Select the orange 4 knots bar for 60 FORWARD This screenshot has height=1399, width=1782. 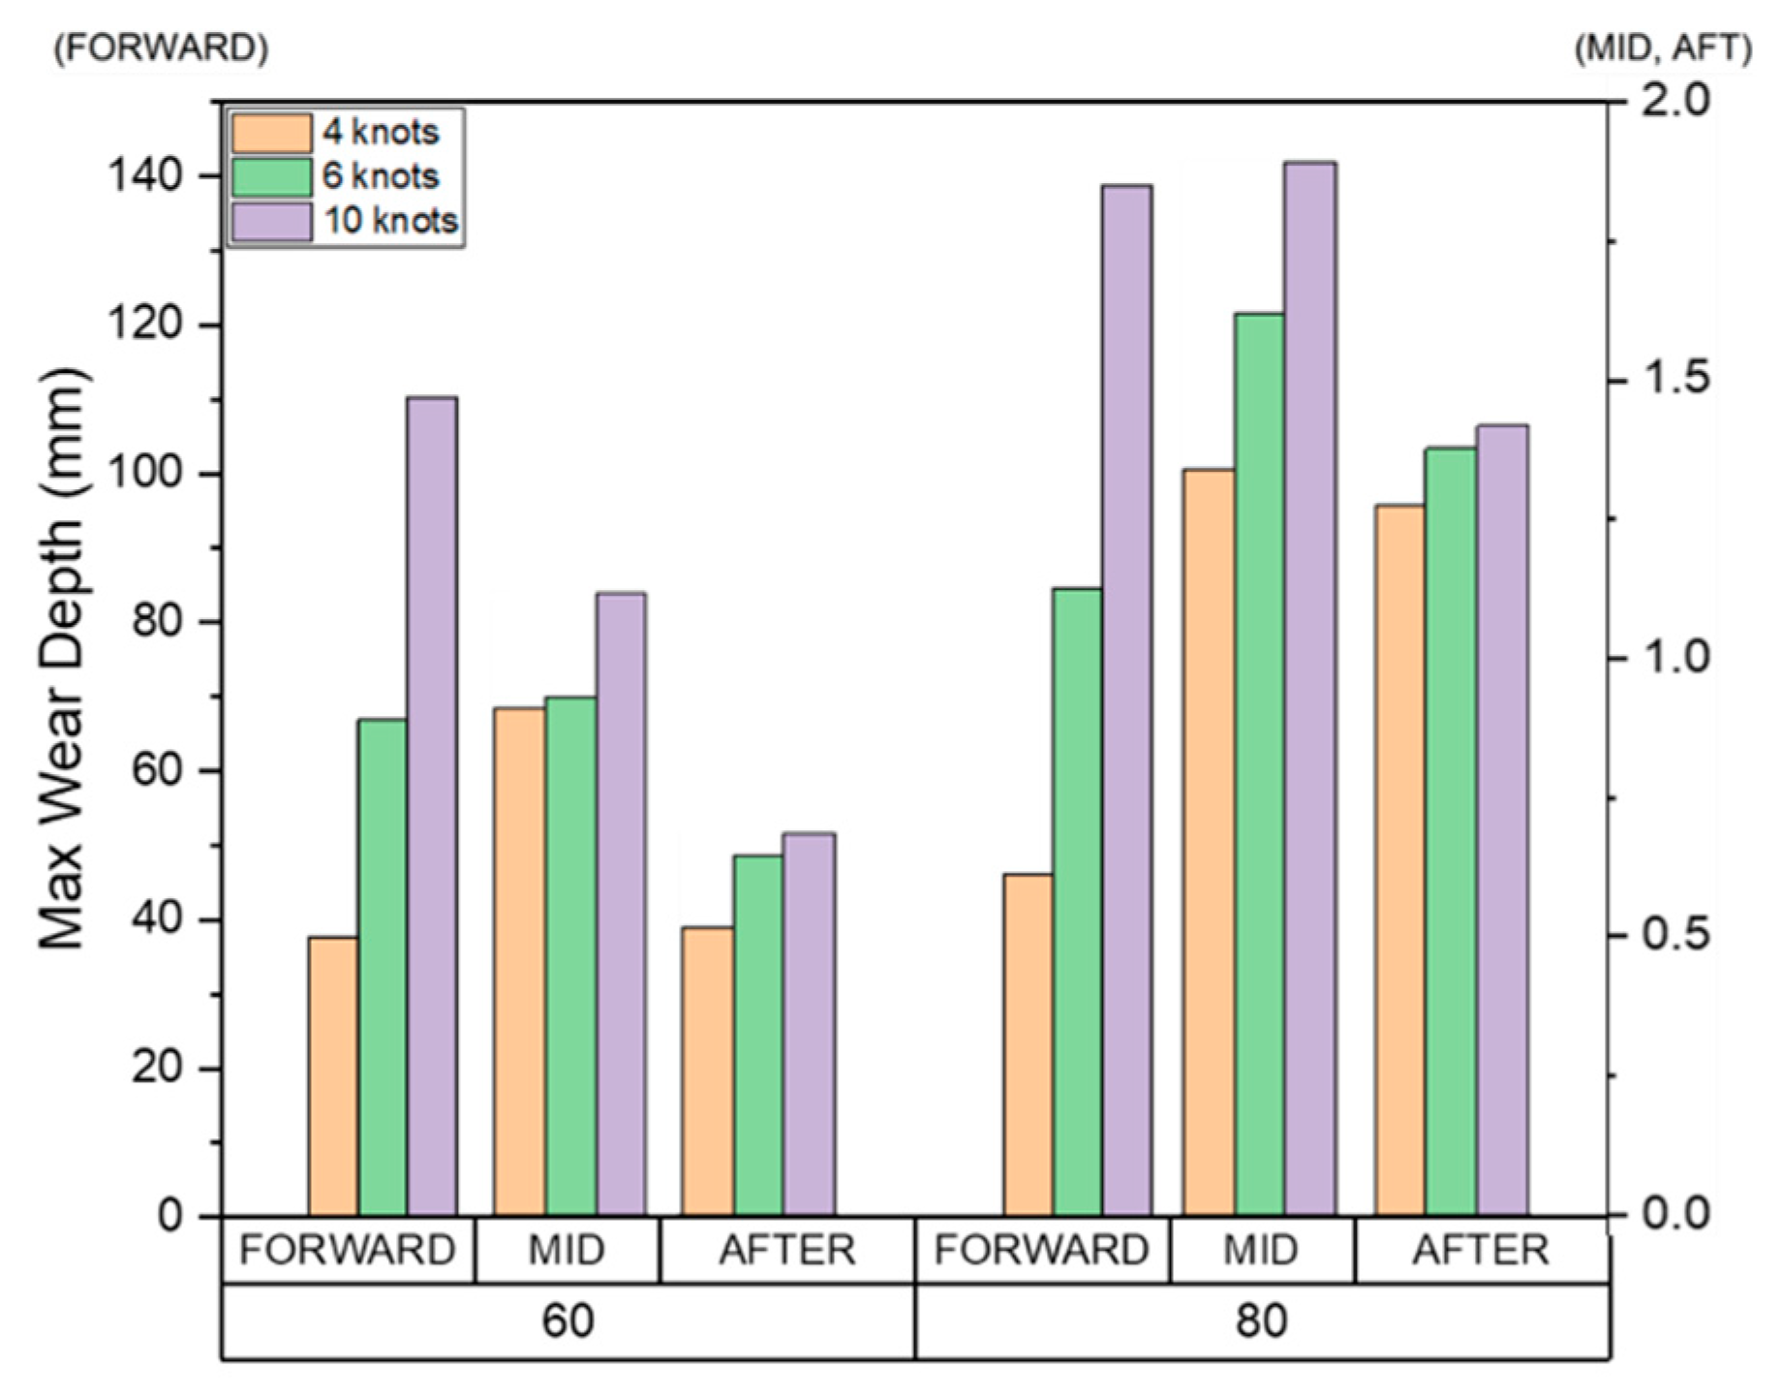click(333, 1075)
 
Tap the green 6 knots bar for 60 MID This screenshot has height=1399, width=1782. click(570, 955)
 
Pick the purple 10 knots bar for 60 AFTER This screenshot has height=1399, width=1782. click(809, 1023)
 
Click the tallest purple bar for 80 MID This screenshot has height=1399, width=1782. click(1310, 688)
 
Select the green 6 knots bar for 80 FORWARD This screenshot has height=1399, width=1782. click(1077, 901)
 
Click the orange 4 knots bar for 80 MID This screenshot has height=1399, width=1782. click(1208, 842)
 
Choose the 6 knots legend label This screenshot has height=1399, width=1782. click(381, 176)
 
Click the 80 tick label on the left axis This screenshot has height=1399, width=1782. click(155, 622)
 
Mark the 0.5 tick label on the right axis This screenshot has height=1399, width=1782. click(1678, 936)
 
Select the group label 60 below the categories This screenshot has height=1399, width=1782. click(568, 1321)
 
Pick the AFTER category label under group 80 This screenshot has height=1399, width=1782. click(1481, 1251)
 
